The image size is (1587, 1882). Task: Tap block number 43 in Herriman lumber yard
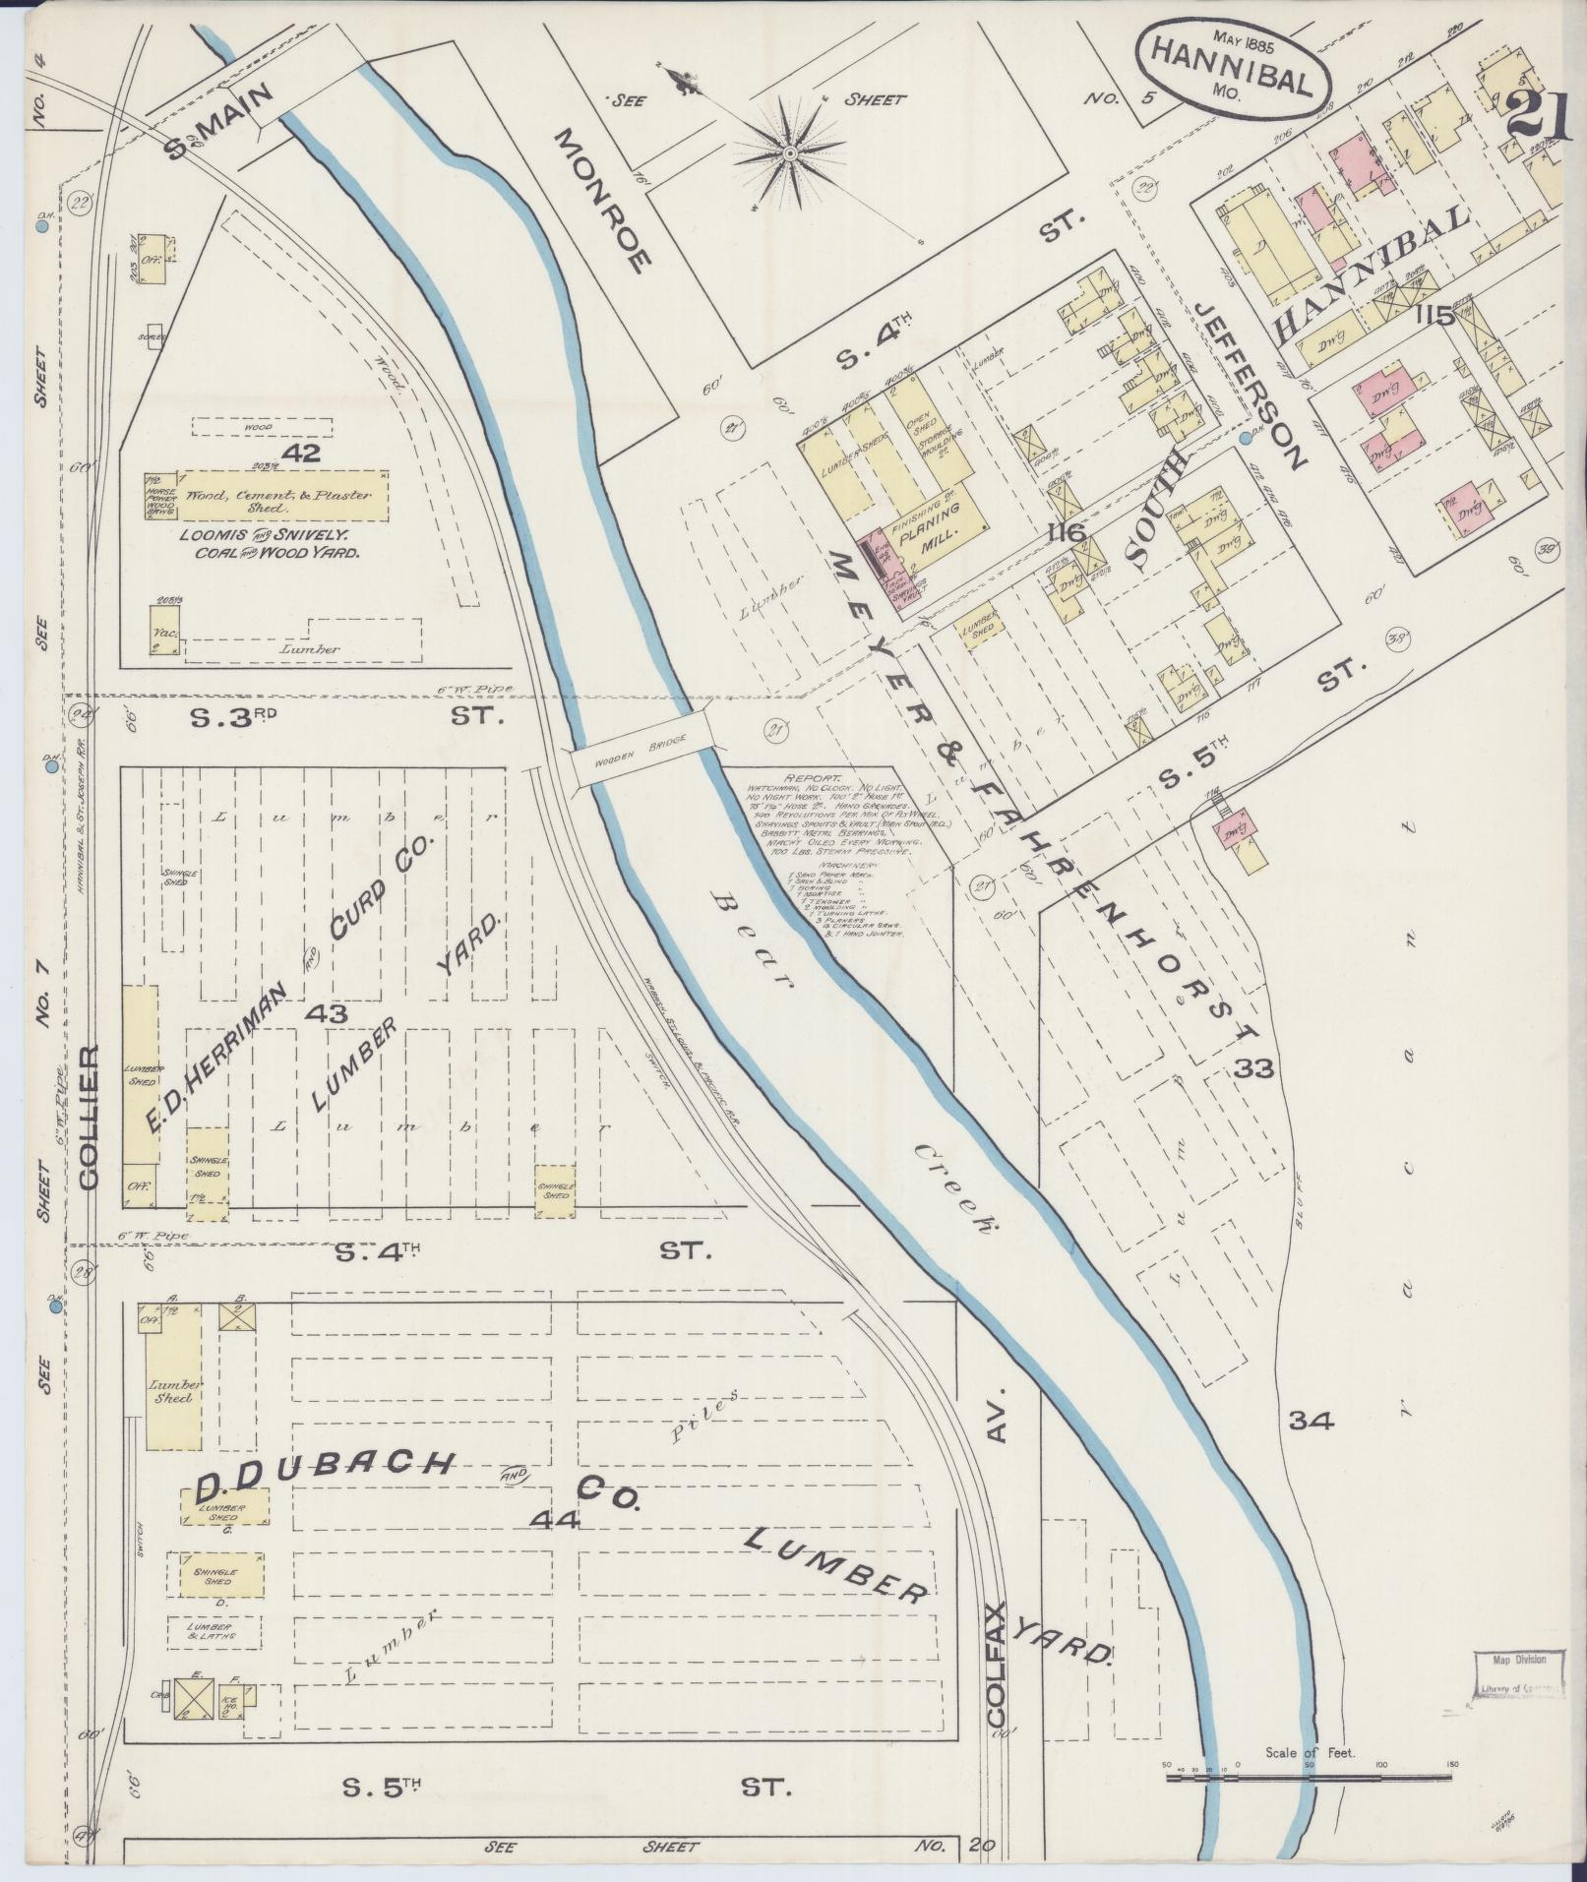click(x=324, y=1012)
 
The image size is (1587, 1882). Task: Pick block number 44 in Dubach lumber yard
click(x=555, y=1520)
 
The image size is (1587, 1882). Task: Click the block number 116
click(x=1066, y=532)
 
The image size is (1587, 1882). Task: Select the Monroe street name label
click(x=602, y=201)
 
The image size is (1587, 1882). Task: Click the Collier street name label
click(x=90, y=1119)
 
